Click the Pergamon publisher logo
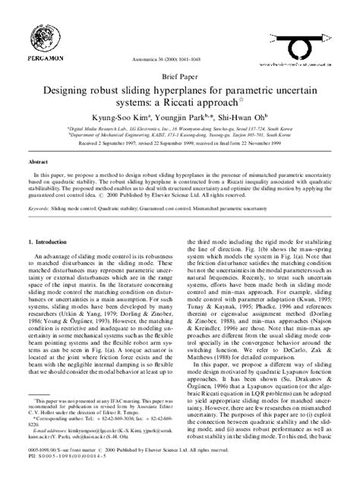[x=45, y=31]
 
